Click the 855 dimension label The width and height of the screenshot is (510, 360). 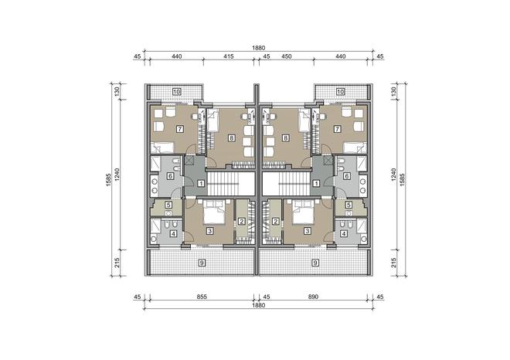pyautogui.click(x=202, y=297)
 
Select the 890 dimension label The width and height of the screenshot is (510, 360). pyautogui.click(x=313, y=297)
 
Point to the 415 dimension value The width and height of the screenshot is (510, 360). pyautogui.click(x=229, y=56)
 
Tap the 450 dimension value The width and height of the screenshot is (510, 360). pyautogui.click(x=286, y=56)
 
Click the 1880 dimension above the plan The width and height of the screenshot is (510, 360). pyautogui.click(x=259, y=48)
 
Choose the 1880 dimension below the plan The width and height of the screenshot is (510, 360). pyautogui.click(x=259, y=305)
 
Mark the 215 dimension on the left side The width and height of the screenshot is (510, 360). pyautogui.click(x=117, y=263)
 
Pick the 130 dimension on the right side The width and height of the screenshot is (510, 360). pyautogui.click(x=394, y=92)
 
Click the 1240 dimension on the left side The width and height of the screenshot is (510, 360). pyautogui.click(x=117, y=175)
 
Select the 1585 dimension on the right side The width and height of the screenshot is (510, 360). pyautogui.click(x=403, y=179)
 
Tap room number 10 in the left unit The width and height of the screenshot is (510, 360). pyautogui.click(x=177, y=91)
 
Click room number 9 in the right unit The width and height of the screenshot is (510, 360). pyautogui.click(x=314, y=263)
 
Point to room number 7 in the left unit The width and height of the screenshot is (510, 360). pyautogui.click(x=179, y=129)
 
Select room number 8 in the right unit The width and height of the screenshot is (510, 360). pyautogui.click(x=286, y=138)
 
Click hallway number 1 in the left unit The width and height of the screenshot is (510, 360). pyautogui.click(x=202, y=183)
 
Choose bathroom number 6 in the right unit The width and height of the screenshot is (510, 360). pyautogui.click(x=347, y=176)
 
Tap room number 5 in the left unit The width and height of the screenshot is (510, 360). pyautogui.click(x=168, y=205)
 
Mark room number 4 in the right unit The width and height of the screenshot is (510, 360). pyautogui.click(x=343, y=233)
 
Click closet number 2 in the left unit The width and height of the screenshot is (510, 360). pyautogui.click(x=241, y=222)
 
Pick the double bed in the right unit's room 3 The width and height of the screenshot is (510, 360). pyautogui.click(x=303, y=212)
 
